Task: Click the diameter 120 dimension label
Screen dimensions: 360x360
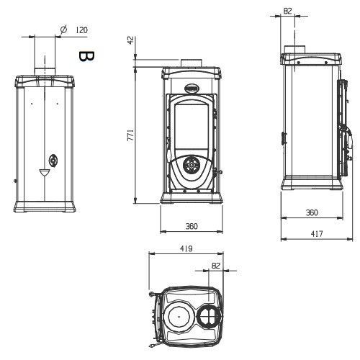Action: click(x=74, y=30)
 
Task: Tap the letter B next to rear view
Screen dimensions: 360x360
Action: click(x=86, y=56)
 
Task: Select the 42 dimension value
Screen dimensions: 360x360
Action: click(x=130, y=40)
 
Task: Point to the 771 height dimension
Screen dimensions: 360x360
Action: click(x=130, y=135)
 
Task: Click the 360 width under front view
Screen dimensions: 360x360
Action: click(x=192, y=226)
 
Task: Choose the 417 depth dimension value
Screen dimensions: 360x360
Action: click(x=317, y=233)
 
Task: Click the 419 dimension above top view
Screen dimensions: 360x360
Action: click(x=186, y=248)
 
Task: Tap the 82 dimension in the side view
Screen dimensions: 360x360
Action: click(x=287, y=11)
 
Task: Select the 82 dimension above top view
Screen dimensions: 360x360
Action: click(x=216, y=266)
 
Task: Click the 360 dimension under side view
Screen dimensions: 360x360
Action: click(x=312, y=212)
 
